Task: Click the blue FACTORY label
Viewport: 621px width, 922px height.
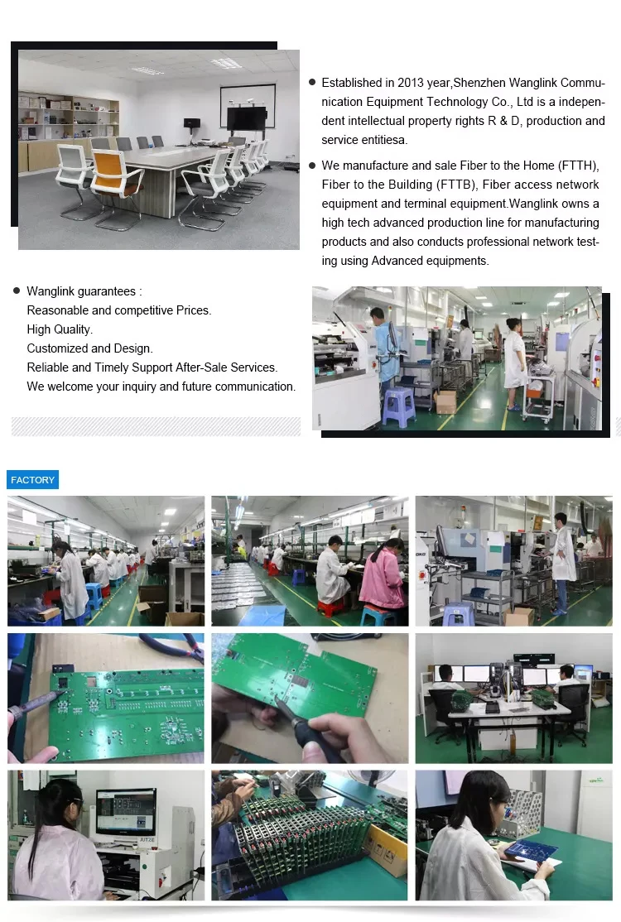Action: pyautogui.click(x=33, y=480)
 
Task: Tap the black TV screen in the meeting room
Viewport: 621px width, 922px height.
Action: pyautogui.click(x=247, y=118)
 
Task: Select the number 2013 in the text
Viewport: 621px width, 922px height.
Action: pyautogui.click(x=411, y=83)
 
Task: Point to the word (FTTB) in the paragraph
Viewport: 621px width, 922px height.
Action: pyautogui.click(x=456, y=185)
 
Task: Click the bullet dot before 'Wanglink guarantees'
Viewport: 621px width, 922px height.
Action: pyautogui.click(x=17, y=291)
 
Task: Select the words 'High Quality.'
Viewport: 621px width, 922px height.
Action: pyautogui.click(x=60, y=329)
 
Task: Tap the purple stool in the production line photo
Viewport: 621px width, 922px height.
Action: pyautogui.click(x=399, y=406)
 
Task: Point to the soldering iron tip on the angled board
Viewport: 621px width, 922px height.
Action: pyautogui.click(x=275, y=699)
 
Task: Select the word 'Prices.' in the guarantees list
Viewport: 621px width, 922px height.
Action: pyautogui.click(x=194, y=310)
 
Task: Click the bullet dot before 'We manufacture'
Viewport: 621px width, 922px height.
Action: pyautogui.click(x=312, y=166)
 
